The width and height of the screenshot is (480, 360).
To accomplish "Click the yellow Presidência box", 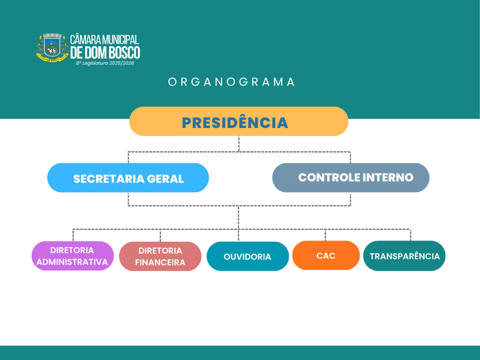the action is pos(239,121).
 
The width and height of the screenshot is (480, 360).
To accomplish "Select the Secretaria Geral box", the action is pos(128,177).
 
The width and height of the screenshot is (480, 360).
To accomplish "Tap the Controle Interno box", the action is pos(351,177).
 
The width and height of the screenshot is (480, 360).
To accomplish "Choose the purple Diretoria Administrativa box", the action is pos(72,256).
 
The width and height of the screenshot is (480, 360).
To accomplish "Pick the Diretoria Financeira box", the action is pos(160,256).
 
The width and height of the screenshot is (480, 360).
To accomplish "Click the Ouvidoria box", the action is pos(247,256).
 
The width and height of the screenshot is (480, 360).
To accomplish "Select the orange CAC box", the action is pos(326,255).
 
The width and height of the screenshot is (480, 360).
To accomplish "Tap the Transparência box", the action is pos(404,256).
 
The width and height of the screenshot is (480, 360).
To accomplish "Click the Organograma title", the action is pos(231,82).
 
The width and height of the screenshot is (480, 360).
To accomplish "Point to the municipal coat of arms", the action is pos(52,48).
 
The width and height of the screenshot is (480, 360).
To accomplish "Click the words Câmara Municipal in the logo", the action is pos(104,39).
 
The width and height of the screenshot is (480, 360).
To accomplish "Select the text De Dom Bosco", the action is pos(105,52).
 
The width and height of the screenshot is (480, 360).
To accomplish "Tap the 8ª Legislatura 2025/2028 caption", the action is pos(105,63).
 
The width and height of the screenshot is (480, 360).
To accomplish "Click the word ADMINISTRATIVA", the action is pos(72,262).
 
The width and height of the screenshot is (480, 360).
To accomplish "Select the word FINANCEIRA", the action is pos(160,262).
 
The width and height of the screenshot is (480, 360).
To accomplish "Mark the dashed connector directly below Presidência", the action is pos(239,144).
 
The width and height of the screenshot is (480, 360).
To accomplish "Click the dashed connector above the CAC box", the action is pos(326,235).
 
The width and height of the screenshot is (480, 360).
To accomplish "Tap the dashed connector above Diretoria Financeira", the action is pos(160,236).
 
